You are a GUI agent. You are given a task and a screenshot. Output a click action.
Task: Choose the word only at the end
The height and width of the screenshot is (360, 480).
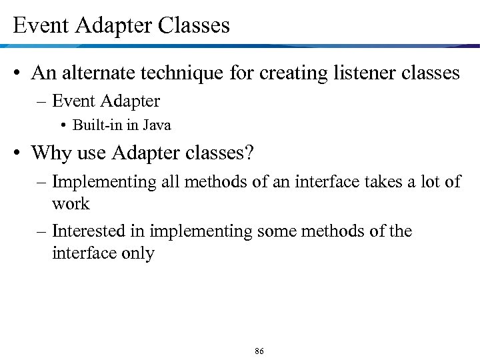[137, 253]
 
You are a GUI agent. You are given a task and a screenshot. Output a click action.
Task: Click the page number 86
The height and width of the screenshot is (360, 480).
[259, 350]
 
